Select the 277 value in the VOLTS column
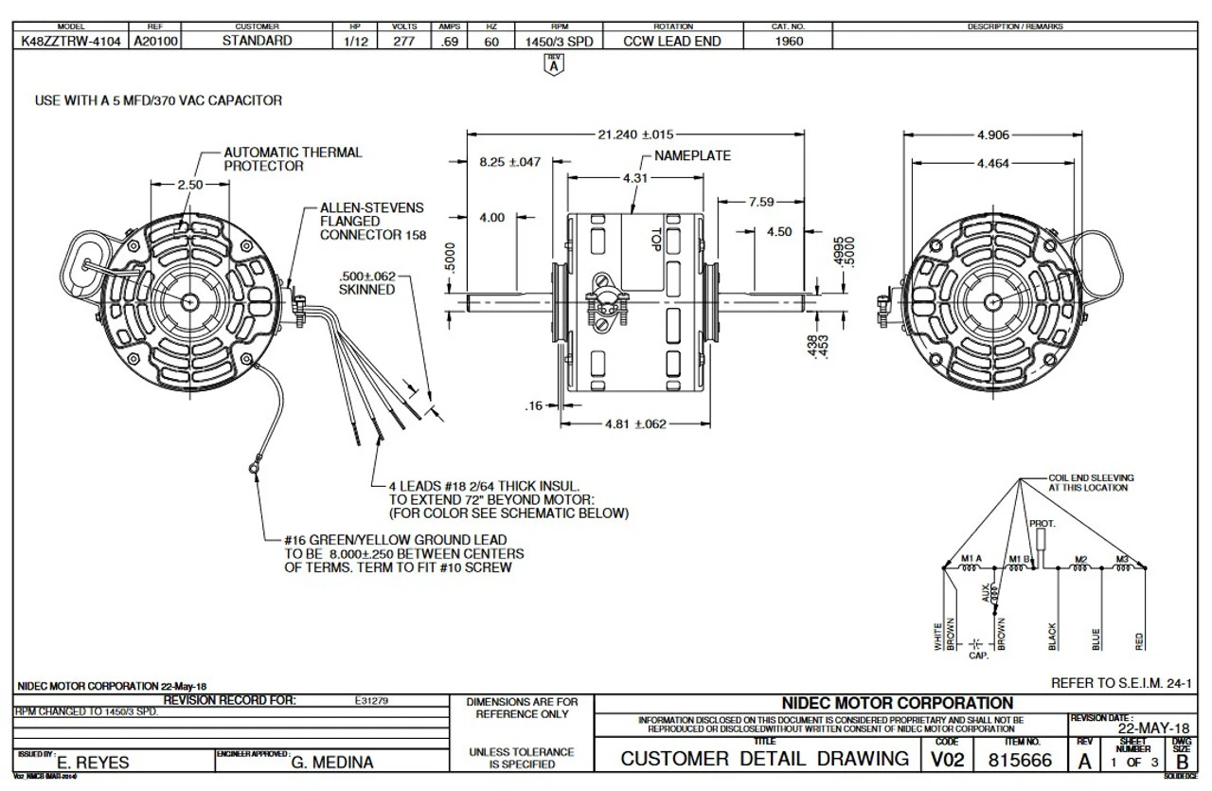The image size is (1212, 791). (x=403, y=42)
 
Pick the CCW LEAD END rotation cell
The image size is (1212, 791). (x=672, y=42)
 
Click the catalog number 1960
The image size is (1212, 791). (x=788, y=42)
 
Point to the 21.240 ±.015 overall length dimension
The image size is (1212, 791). (x=635, y=135)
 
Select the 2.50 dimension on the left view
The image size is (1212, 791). (x=190, y=186)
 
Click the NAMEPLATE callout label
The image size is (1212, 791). (x=692, y=156)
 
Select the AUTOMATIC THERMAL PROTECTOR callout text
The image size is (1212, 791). (x=293, y=159)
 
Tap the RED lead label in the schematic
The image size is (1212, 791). (x=1139, y=640)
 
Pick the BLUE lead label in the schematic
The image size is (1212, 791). (x=1096, y=640)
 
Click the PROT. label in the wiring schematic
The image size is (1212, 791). (x=1042, y=524)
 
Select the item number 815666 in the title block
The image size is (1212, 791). (x=1020, y=760)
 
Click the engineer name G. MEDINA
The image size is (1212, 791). (x=332, y=763)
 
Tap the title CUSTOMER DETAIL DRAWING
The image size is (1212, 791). (x=764, y=760)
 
